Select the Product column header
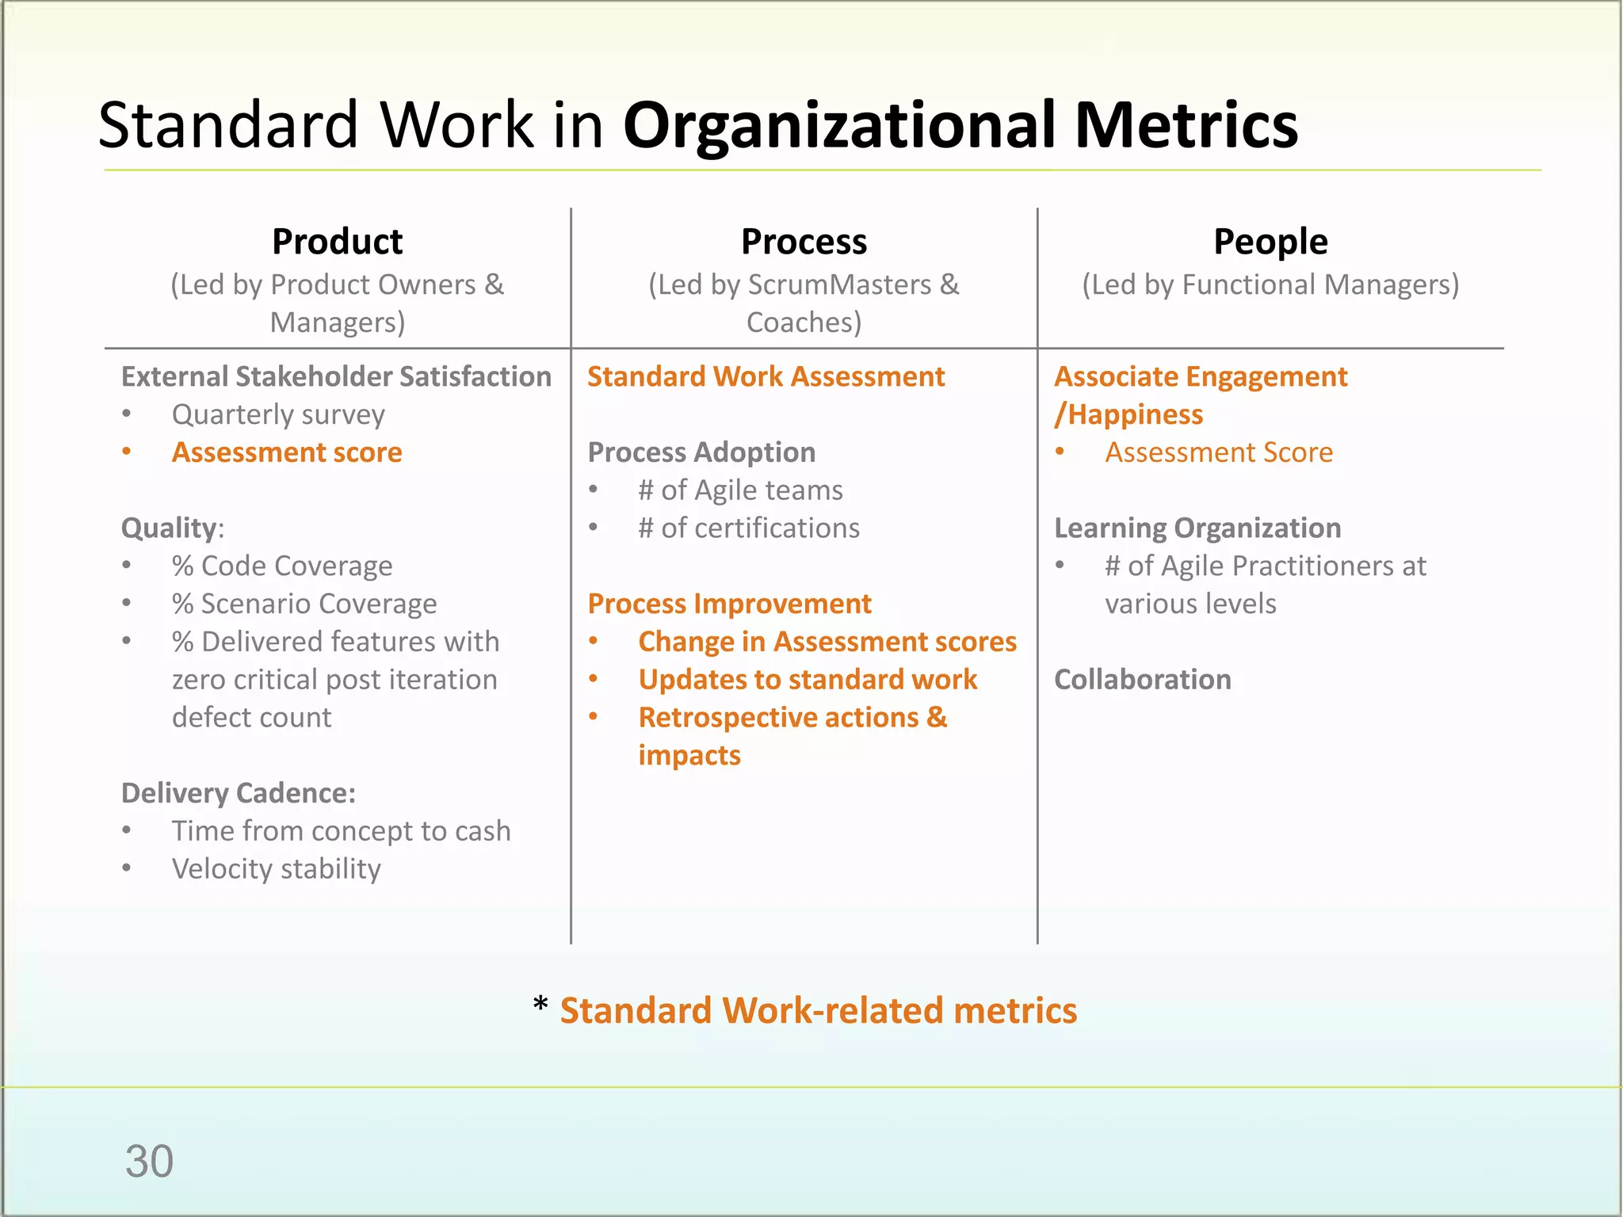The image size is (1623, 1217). point(337,242)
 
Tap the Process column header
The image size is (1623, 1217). point(804,242)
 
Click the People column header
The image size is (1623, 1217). point(1270,242)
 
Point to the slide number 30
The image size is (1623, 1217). point(149,1162)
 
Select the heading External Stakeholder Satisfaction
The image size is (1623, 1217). point(336,376)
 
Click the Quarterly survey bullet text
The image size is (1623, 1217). point(278,414)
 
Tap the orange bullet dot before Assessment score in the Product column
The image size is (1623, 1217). point(127,452)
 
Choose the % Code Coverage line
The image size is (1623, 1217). point(281,566)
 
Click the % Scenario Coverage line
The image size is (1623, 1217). point(304,604)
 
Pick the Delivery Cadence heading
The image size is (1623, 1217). point(238,793)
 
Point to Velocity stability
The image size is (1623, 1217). point(276,869)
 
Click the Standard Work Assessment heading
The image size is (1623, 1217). point(766,376)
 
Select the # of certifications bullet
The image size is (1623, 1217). point(748,528)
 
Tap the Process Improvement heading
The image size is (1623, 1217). point(729,604)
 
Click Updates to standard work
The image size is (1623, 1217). point(808,680)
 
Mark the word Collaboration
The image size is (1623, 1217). point(1142,680)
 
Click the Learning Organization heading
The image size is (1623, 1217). point(1197,528)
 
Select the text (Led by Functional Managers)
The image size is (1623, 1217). point(1270,284)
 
